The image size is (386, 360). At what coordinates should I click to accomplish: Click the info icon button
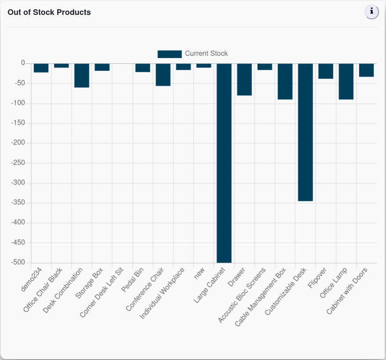tap(371, 12)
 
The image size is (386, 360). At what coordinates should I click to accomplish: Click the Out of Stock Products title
tap(49, 12)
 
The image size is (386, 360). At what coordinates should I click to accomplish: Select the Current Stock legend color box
tap(169, 54)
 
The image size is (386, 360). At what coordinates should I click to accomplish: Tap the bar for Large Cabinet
tap(224, 163)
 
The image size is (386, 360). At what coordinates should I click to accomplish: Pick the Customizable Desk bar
tap(305, 132)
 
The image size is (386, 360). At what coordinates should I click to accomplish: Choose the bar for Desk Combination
tap(82, 75)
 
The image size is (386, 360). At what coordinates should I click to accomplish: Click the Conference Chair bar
tap(163, 74)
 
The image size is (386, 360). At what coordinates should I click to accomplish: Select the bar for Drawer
tap(244, 79)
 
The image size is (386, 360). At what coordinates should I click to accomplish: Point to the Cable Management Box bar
tap(285, 81)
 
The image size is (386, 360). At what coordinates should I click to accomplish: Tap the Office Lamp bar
tap(346, 81)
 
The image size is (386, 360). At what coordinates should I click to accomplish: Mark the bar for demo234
tap(41, 68)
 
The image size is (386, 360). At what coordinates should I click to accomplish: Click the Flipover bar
tap(326, 71)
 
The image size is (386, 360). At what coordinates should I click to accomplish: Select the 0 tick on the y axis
tap(23, 63)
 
